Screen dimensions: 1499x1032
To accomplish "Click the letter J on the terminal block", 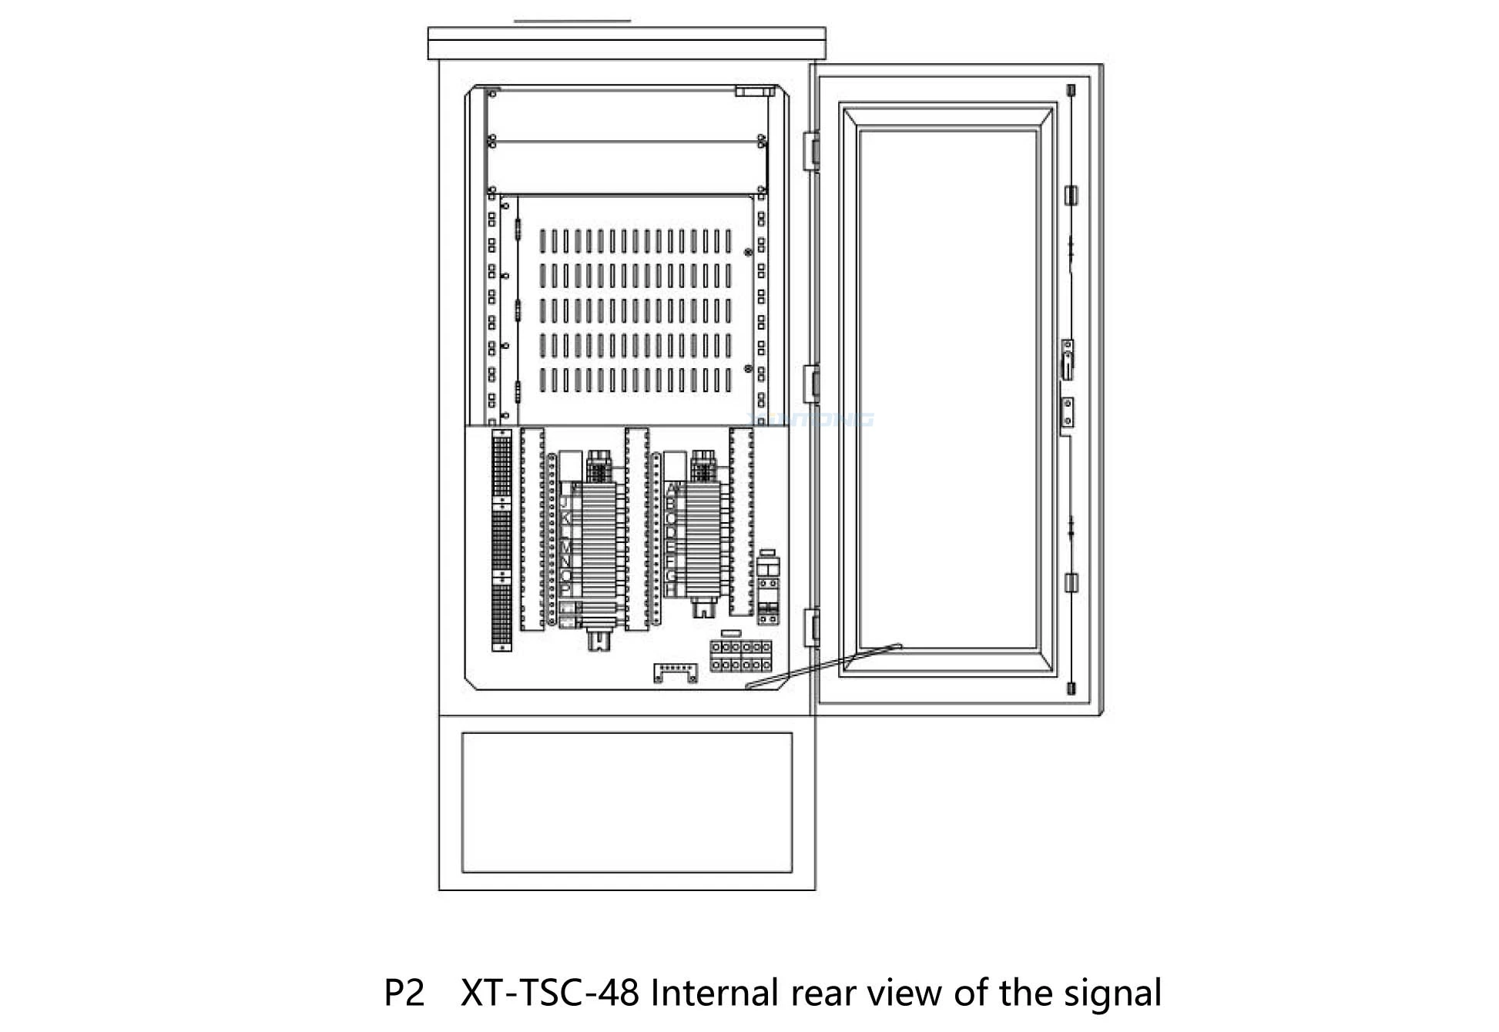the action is click(x=565, y=502).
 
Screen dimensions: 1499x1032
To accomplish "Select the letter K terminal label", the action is click(x=565, y=517).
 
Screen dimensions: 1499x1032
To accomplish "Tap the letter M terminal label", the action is click(x=565, y=546).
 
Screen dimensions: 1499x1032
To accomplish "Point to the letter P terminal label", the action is click(x=565, y=589).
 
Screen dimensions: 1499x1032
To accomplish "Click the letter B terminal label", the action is click(x=671, y=503).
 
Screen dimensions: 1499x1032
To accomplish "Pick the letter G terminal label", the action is click(x=671, y=575).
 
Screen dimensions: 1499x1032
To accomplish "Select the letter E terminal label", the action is click(x=671, y=546).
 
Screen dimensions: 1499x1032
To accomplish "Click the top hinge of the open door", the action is click(x=810, y=150).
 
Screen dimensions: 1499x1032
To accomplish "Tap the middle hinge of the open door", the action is click(x=810, y=383).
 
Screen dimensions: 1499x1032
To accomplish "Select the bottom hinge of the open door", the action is click(x=810, y=626).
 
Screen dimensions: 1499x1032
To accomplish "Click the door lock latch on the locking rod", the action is click(x=1068, y=360).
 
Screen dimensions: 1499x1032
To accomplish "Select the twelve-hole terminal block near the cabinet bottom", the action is click(x=740, y=655).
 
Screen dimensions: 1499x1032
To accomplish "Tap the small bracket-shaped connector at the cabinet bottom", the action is click(x=676, y=672).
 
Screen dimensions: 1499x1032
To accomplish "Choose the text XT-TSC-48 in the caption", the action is click(x=549, y=993).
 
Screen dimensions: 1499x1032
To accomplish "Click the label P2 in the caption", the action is click(x=404, y=993).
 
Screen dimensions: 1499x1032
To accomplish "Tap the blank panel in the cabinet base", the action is click(x=626, y=802).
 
